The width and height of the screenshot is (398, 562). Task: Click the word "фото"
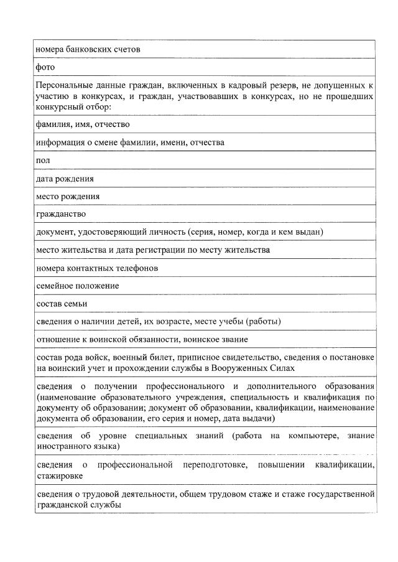[x=45, y=67]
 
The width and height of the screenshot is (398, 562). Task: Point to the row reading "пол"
[x=43, y=161]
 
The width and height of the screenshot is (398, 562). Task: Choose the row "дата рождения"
[x=65, y=179]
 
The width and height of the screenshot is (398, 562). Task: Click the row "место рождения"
[x=68, y=196]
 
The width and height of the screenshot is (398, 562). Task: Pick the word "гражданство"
[x=61, y=214]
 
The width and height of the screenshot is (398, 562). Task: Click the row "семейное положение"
[x=77, y=286]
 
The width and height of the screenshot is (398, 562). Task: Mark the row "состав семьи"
[x=62, y=304]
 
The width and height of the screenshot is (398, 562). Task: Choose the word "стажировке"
[x=59, y=475]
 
